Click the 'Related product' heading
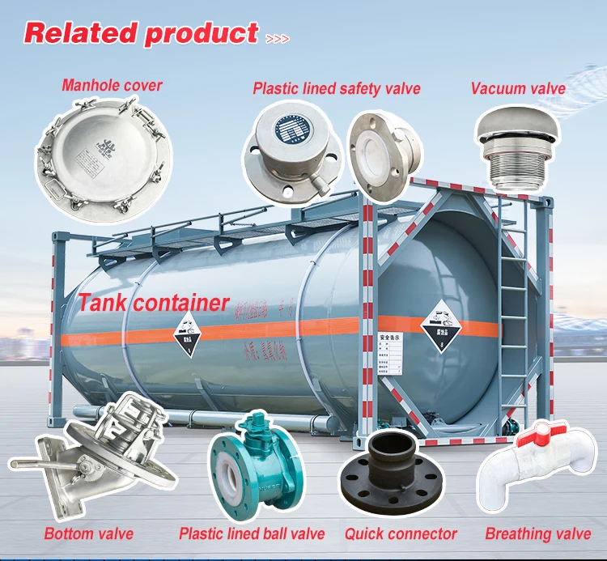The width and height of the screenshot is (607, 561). [141, 33]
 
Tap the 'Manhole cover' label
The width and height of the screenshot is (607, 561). [112, 84]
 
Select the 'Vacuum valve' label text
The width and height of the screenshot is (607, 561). [518, 87]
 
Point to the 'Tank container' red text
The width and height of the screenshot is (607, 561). [154, 303]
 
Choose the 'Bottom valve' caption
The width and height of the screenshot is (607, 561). [89, 533]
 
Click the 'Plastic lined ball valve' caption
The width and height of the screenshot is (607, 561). [252, 533]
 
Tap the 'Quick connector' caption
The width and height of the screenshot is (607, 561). [401, 533]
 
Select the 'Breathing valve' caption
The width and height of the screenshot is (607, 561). [538, 533]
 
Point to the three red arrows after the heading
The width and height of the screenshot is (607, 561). [276, 37]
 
